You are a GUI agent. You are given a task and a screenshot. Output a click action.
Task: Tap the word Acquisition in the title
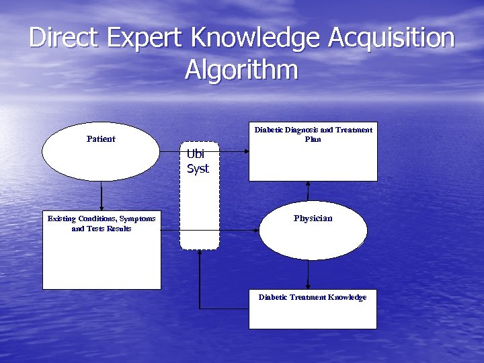coord(391,38)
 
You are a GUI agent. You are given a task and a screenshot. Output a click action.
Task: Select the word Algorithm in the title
coord(241,70)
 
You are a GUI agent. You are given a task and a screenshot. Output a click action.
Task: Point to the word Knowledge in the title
coord(256,38)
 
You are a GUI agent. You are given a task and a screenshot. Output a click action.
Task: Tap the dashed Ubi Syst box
coord(200,208)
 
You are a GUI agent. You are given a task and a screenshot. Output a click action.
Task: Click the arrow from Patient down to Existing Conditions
coord(102,195)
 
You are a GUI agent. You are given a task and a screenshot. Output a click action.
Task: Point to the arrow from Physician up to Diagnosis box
coord(309,191)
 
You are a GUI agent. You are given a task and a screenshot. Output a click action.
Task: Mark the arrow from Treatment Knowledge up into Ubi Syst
coord(200,282)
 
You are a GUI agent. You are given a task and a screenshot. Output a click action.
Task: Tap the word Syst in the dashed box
coord(198,169)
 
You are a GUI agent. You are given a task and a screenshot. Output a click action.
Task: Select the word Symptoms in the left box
coord(137,218)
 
